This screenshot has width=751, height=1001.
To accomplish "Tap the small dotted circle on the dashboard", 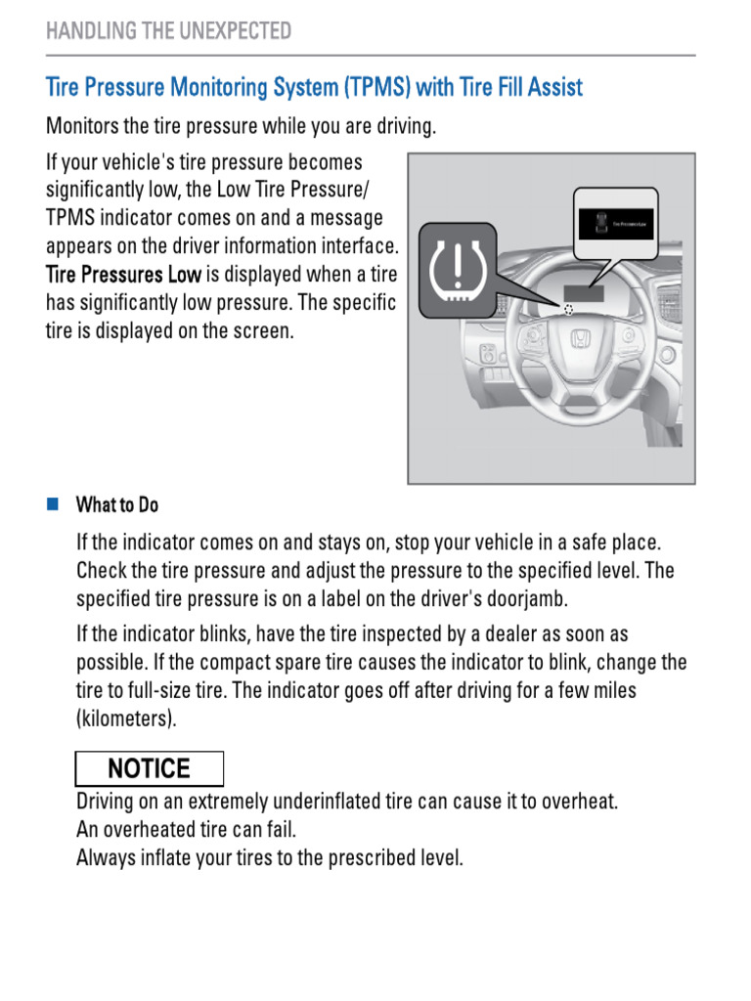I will click(568, 307).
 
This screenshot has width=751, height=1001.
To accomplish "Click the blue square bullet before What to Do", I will click(53, 504).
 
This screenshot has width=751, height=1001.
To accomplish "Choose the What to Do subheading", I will click(116, 505).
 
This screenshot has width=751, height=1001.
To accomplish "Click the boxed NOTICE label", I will click(150, 768).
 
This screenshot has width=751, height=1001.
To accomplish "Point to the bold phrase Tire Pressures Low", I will click(123, 275).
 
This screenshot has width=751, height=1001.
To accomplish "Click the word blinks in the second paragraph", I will click(224, 634).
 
